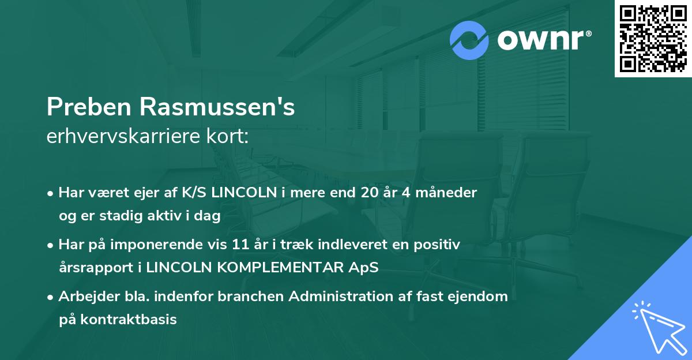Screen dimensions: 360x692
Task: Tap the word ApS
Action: coord(366,268)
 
